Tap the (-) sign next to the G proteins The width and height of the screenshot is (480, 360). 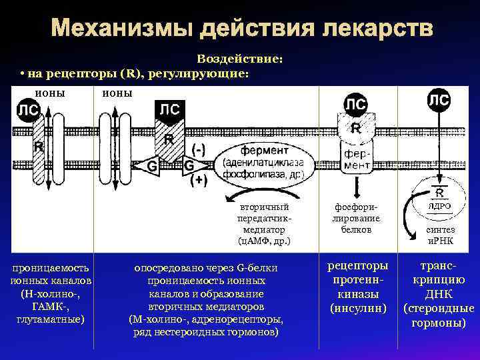pyautogui.click(x=199, y=148)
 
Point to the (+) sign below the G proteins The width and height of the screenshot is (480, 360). pyautogui.click(x=199, y=179)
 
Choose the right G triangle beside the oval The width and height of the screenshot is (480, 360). pyautogui.click(x=189, y=165)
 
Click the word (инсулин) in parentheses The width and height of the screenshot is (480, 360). pyautogui.click(x=359, y=308)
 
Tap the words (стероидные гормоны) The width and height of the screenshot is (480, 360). pyautogui.click(x=439, y=315)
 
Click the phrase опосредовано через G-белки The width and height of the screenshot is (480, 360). pyautogui.click(x=205, y=268)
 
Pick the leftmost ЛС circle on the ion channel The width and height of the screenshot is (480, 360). pyautogui.click(x=27, y=109)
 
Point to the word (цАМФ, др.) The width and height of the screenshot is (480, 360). pyautogui.click(x=264, y=240)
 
